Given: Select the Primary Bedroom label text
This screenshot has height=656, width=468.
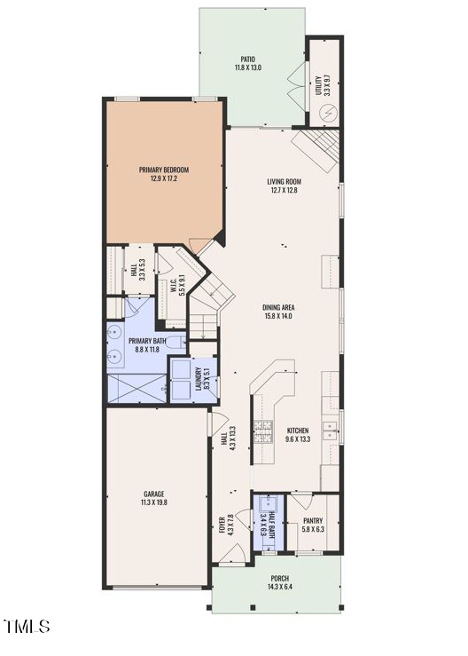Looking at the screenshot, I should [164, 170].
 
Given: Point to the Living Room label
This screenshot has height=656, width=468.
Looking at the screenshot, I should [285, 183].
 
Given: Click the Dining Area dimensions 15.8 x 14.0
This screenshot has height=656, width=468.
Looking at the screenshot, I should [277, 316].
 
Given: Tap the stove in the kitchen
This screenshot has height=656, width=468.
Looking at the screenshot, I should [263, 431].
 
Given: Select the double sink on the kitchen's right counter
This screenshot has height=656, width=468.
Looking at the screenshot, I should [330, 431].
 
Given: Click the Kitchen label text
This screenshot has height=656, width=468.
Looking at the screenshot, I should [298, 431].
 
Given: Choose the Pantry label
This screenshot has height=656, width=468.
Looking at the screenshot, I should [313, 521].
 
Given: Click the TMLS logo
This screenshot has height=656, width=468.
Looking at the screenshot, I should [27, 627].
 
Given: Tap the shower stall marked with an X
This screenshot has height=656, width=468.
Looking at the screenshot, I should [136, 389].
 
